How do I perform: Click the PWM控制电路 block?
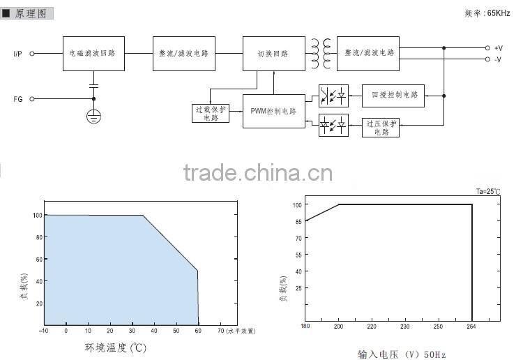coord(273,111)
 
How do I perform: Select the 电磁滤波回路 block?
coord(93,54)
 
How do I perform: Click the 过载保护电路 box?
coord(210,113)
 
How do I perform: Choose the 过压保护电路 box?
coord(381,127)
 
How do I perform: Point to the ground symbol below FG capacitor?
coord(93,115)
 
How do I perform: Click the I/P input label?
coord(18,53)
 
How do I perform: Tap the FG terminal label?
coord(18,99)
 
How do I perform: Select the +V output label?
coord(498,47)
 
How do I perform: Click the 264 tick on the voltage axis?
coord(472,326)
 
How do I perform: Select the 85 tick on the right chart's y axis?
coord(297,221)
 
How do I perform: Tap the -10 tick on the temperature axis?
coord(44,331)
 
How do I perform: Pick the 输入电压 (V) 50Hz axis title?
coord(401,354)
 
